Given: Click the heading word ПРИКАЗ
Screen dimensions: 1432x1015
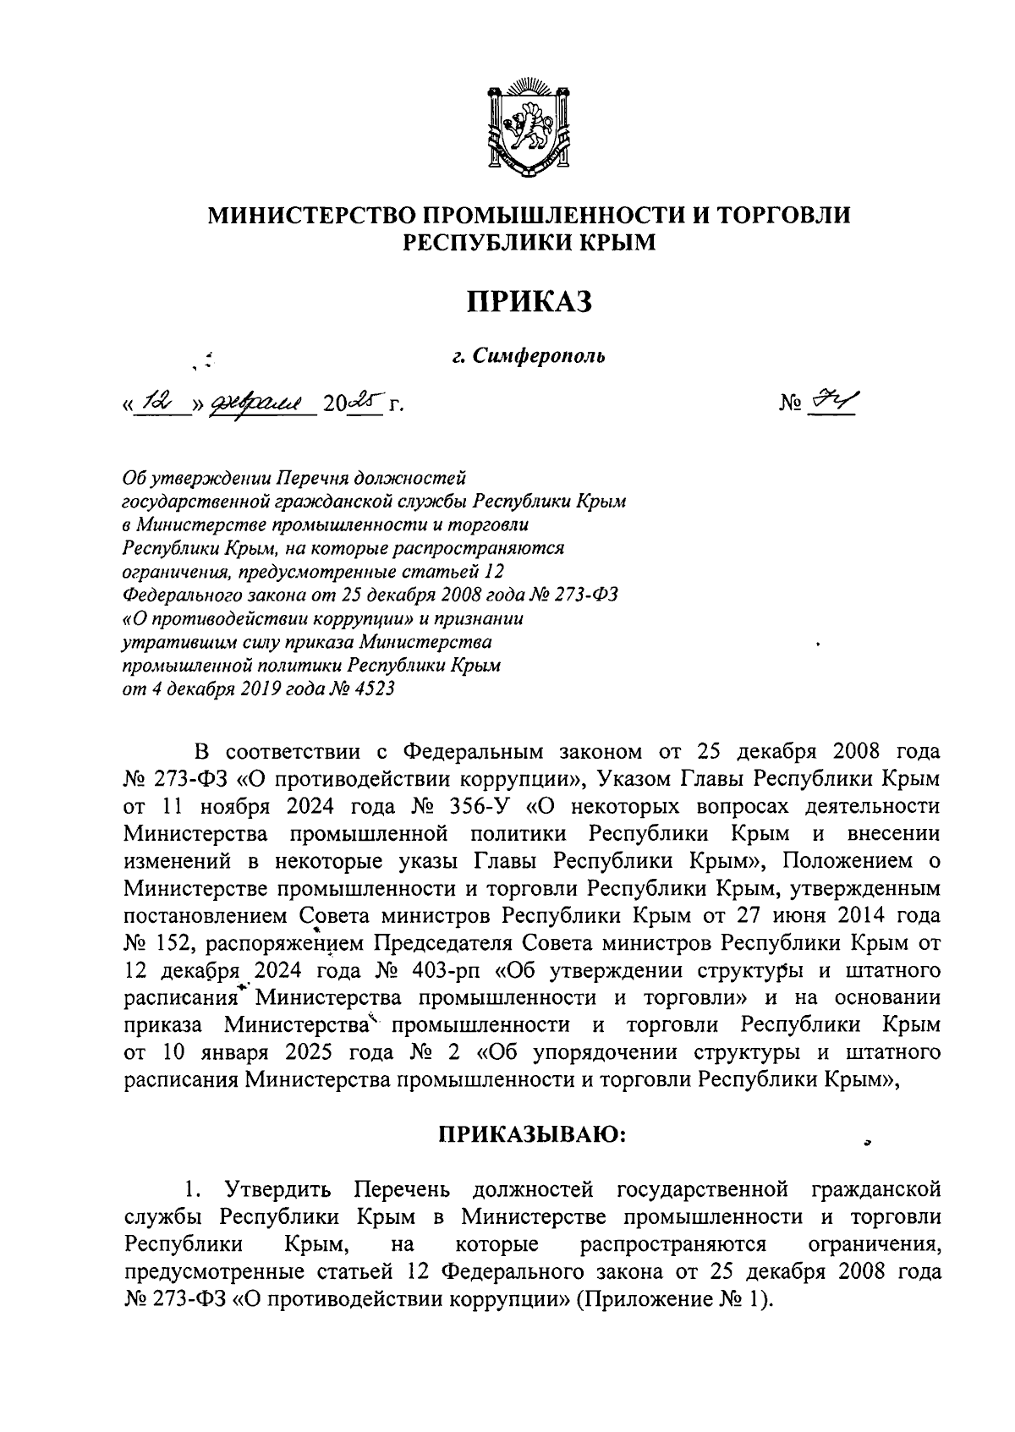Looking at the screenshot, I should point(529,301).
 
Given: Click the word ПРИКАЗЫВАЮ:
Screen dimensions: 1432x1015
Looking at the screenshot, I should point(530,1133).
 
